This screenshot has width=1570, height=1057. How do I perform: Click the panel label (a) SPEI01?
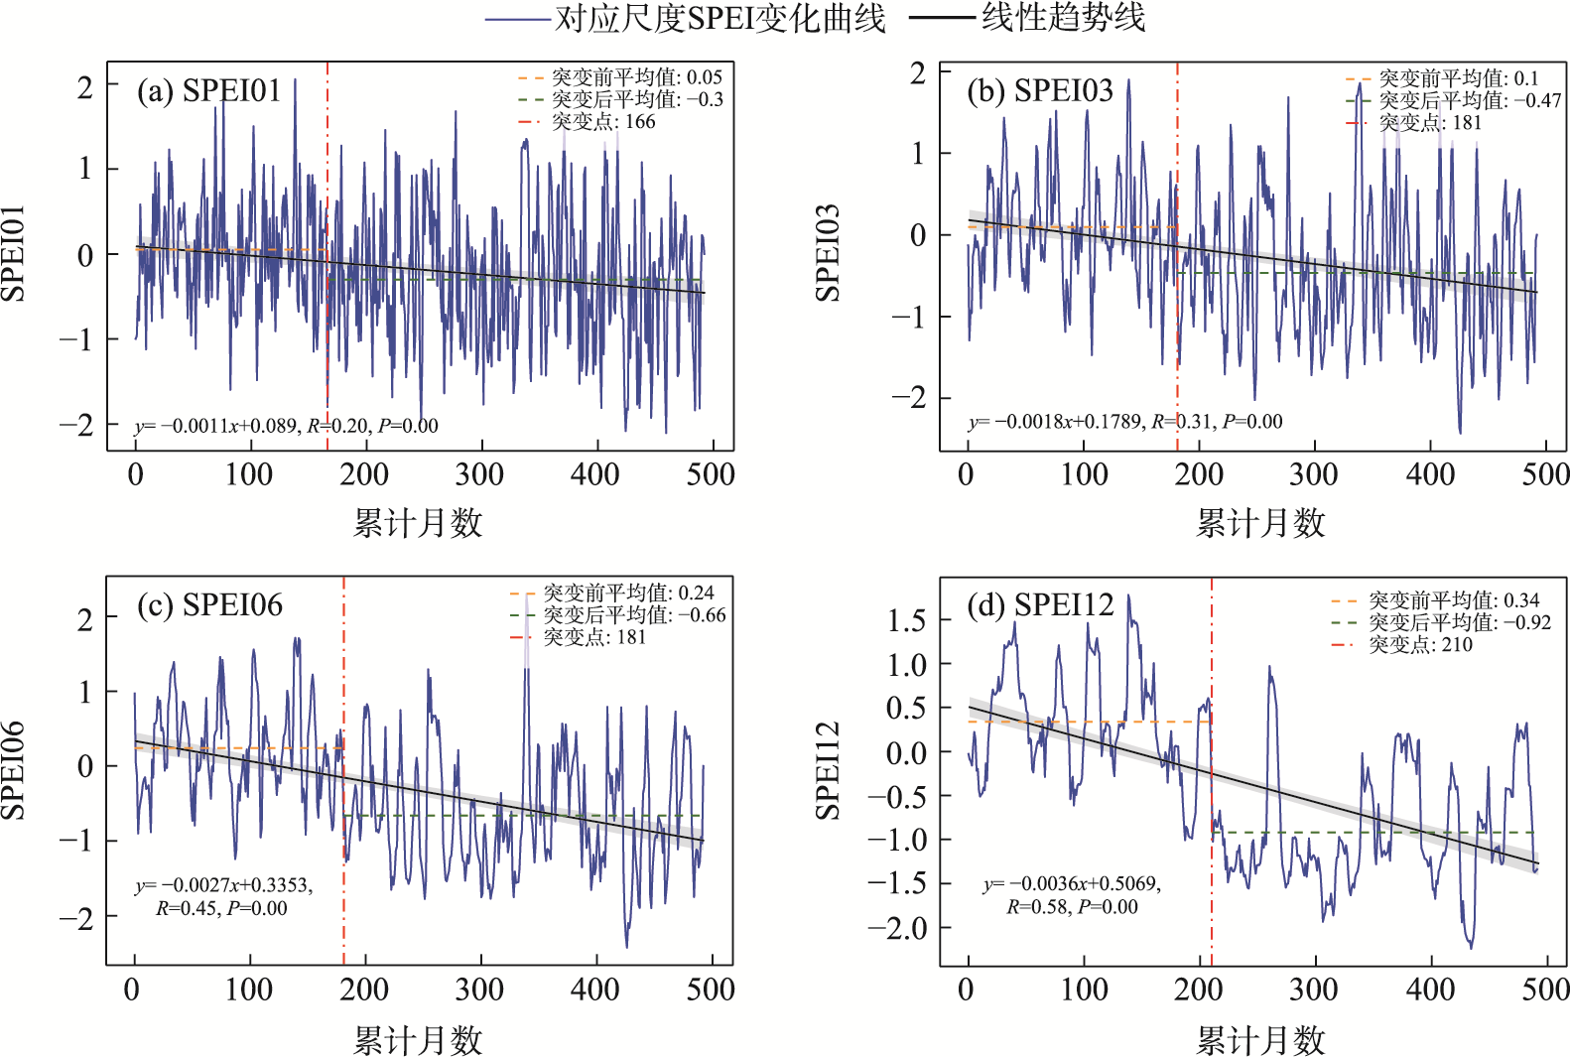(x=209, y=90)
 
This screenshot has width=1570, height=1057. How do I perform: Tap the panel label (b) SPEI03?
(x=1040, y=90)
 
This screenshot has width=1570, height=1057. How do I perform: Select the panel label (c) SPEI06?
(x=209, y=604)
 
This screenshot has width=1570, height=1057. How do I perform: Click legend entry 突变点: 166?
(x=603, y=121)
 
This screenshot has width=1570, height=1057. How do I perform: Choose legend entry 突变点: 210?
(x=1420, y=644)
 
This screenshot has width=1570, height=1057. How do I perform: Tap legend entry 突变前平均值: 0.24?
(x=628, y=593)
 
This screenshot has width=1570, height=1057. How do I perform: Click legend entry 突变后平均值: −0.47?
(x=1469, y=100)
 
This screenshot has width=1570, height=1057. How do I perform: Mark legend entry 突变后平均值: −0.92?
(x=1459, y=622)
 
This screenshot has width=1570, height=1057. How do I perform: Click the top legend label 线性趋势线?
(x=1063, y=17)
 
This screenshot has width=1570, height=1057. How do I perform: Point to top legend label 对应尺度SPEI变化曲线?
(x=720, y=18)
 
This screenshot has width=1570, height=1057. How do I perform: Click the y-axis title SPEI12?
(x=827, y=770)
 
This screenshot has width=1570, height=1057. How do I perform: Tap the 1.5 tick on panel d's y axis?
(x=906, y=620)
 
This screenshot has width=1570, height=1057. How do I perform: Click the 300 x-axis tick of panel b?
(x=1314, y=474)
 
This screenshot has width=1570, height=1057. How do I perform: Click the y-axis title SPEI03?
(x=827, y=253)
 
